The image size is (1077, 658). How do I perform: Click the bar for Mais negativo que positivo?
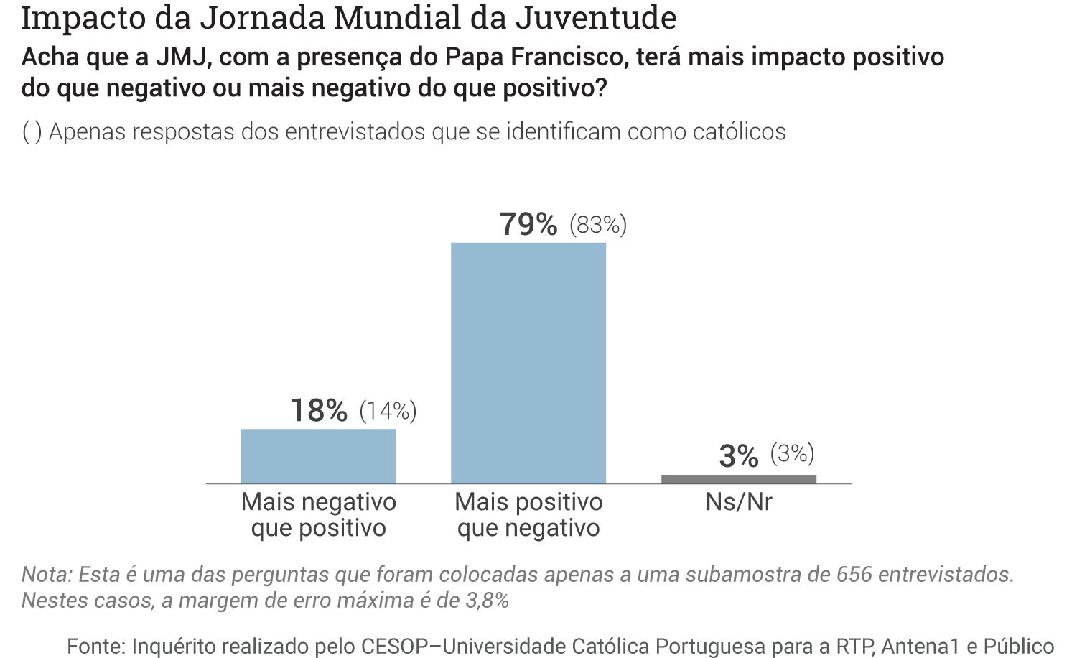point(318,456)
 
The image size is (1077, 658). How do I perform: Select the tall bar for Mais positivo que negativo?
point(528,363)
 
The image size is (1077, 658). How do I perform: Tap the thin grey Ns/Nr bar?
point(738,479)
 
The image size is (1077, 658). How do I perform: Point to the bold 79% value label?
point(528,225)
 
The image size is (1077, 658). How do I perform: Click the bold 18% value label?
point(319,411)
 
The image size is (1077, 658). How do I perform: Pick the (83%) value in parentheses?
point(598,226)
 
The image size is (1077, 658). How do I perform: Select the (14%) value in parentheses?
point(388,411)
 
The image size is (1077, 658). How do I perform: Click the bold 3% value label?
point(738,456)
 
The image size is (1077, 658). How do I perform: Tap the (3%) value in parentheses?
point(792,454)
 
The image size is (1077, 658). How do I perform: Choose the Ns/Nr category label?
point(738,501)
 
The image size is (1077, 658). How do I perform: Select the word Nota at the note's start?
point(46,575)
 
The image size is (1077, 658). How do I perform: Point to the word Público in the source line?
point(1018,646)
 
